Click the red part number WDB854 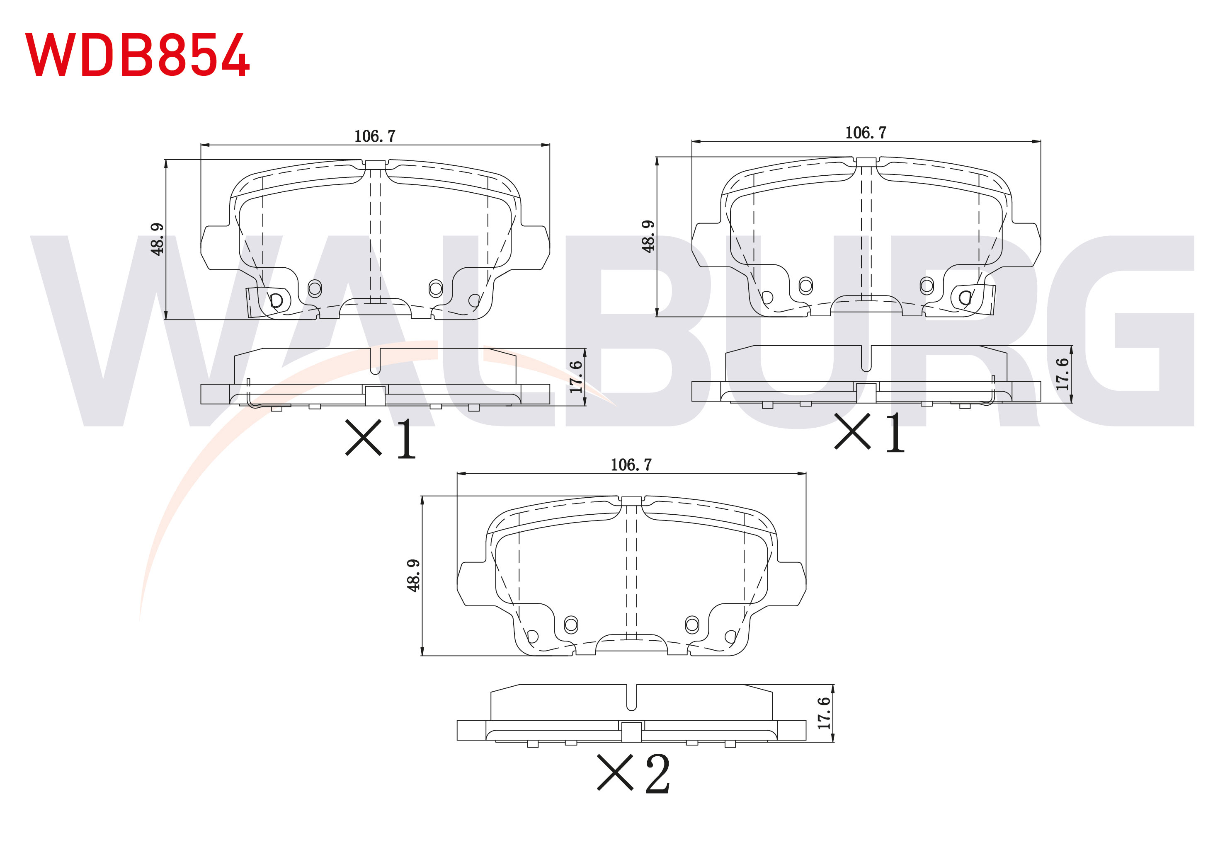tap(137, 55)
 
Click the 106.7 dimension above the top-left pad tap(375, 136)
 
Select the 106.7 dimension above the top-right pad tap(866, 133)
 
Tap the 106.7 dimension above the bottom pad tap(631, 465)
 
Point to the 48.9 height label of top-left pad tap(157, 240)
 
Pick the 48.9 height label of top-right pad tap(648, 236)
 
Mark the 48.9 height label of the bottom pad tap(413, 576)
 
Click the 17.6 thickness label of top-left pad tap(576, 377)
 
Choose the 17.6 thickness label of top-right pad tap(1062, 374)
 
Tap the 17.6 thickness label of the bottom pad tap(824, 713)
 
